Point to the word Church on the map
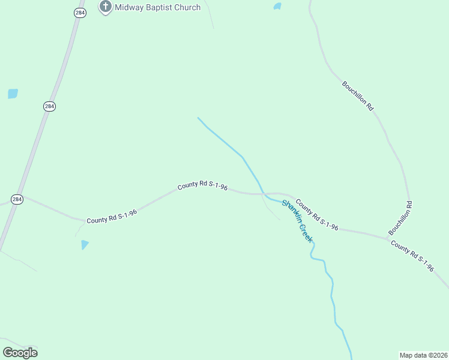pyautogui.click(x=187, y=7)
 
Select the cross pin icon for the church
pyautogui.click(x=106, y=7)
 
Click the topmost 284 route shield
pyautogui.click(x=80, y=13)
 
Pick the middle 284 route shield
pyautogui.click(x=50, y=106)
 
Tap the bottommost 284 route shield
pyautogui.click(x=17, y=199)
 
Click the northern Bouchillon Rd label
pyautogui.click(x=358, y=95)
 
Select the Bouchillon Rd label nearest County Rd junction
pyautogui.click(x=400, y=218)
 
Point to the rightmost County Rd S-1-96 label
pyautogui.click(x=412, y=256)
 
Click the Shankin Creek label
pyautogui.click(x=297, y=221)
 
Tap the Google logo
pyautogui.click(x=20, y=352)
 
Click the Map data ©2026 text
pyautogui.click(x=423, y=355)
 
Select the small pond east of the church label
pyautogui.click(x=277, y=7)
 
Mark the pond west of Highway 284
pyautogui.click(x=13, y=94)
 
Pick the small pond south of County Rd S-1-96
pyautogui.click(x=85, y=244)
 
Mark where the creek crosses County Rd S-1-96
pyautogui.click(x=263, y=194)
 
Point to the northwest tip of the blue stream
pyautogui.click(x=198, y=118)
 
